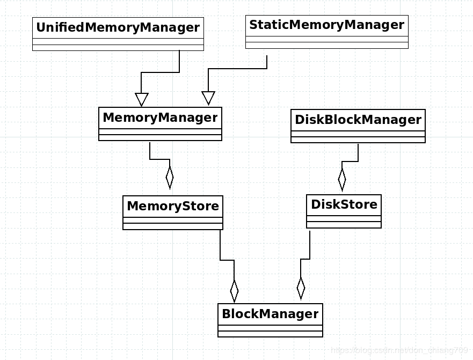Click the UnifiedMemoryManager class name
118,27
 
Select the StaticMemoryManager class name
326,25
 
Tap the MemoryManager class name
160,117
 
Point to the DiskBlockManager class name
358,120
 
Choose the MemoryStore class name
172,206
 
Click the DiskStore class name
344,204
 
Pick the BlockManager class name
270,314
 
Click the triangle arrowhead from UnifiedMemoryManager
142,100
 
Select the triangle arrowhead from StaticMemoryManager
208,98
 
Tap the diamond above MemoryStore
170,177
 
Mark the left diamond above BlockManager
234,291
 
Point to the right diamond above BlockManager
301,288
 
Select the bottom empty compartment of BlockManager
270,334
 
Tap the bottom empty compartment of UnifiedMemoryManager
118,48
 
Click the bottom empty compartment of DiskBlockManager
358,140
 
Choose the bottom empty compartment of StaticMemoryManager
326,46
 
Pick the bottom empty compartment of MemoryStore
172,226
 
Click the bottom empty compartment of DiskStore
344,225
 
